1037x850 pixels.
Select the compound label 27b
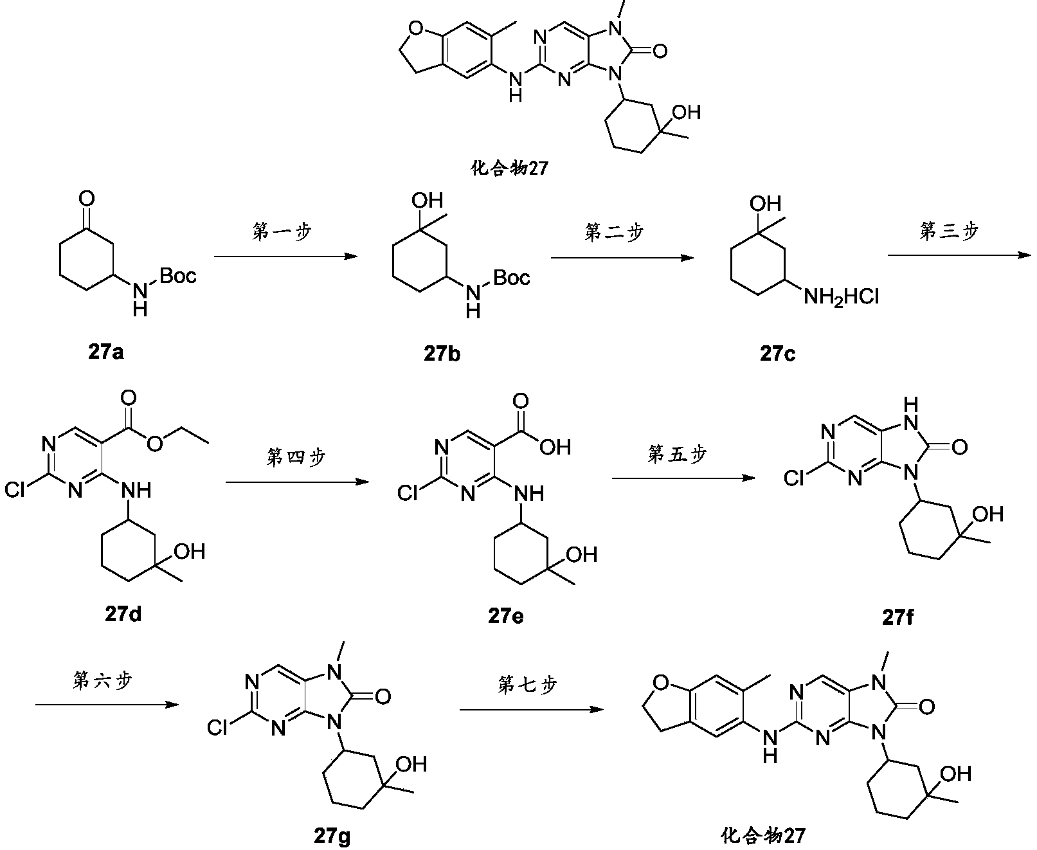point(442,353)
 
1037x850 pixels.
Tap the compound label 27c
point(777,353)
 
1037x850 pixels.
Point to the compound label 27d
point(123,615)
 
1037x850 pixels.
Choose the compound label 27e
point(505,616)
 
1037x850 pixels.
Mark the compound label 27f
point(898,618)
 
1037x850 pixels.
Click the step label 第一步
point(282,231)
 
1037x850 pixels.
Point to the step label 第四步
point(296,457)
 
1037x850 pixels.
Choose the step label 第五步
point(676,454)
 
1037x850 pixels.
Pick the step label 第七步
point(527,685)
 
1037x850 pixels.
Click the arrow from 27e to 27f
point(683,478)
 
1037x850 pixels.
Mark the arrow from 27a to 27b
point(285,257)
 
